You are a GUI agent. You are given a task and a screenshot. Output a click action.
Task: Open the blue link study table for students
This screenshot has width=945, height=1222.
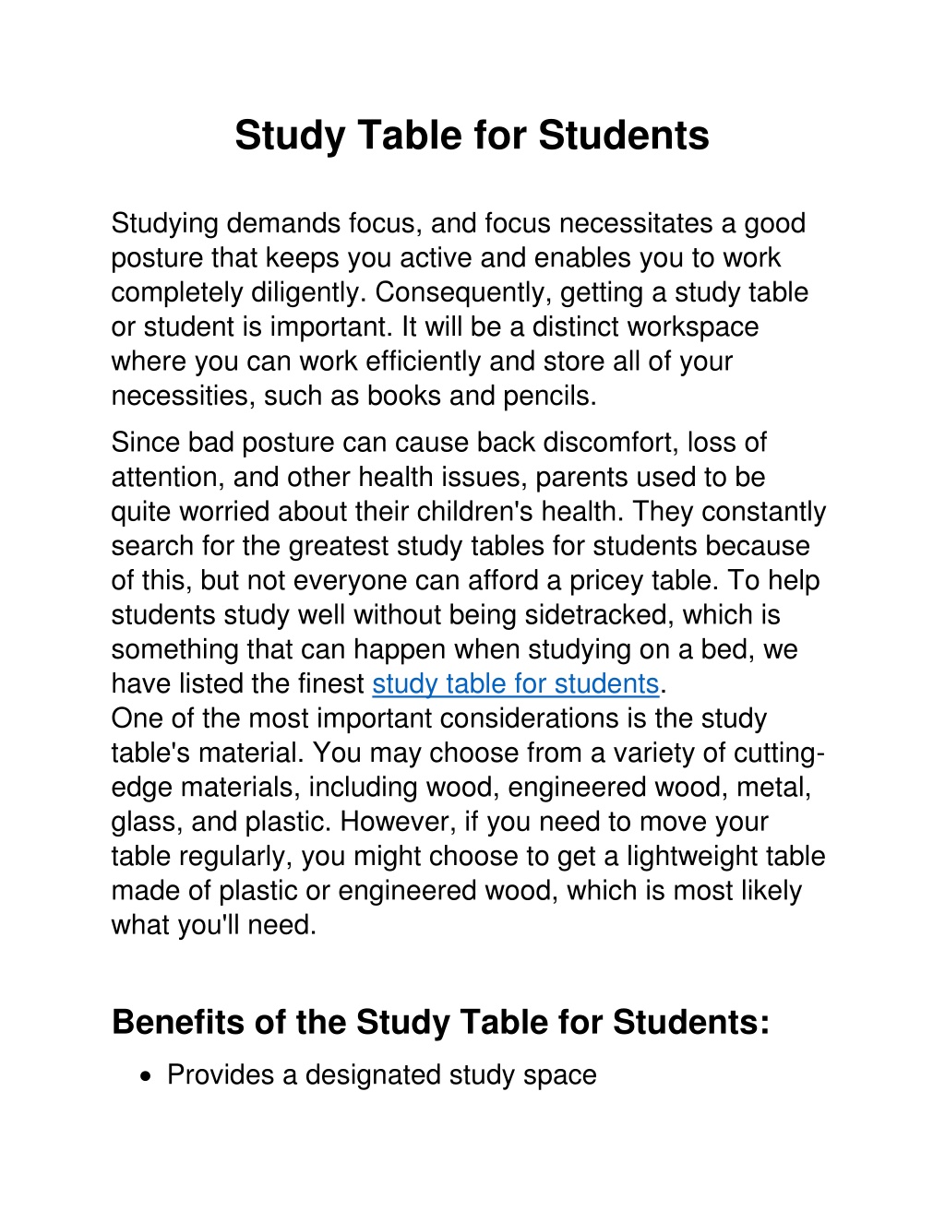[x=515, y=684]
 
